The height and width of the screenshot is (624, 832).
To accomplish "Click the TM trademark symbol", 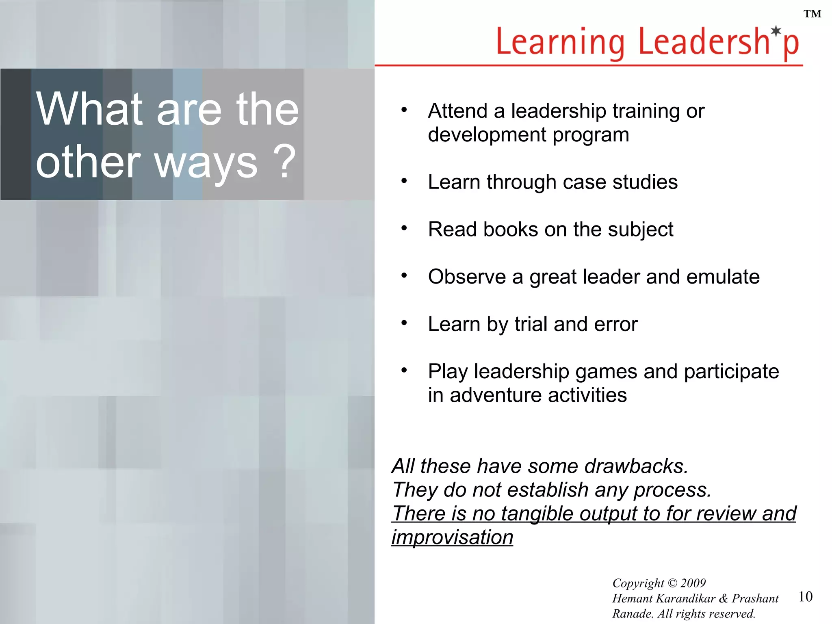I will pyautogui.click(x=812, y=14).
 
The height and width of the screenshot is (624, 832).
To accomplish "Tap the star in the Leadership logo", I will pyautogui.click(x=776, y=31).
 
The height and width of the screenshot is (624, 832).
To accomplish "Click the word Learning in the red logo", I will pyautogui.click(x=561, y=42).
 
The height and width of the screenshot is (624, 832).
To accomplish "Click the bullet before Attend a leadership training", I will pyautogui.click(x=404, y=110).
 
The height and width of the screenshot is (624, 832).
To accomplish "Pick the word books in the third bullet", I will pyautogui.click(x=510, y=230).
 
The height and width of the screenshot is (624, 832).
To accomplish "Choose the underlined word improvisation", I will pyautogui.click(x=452, y=537).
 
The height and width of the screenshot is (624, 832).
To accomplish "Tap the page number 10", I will pyautogui.click(x=805, y=596).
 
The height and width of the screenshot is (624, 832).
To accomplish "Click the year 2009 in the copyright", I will pyautogui.click(x=693, y=583).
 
